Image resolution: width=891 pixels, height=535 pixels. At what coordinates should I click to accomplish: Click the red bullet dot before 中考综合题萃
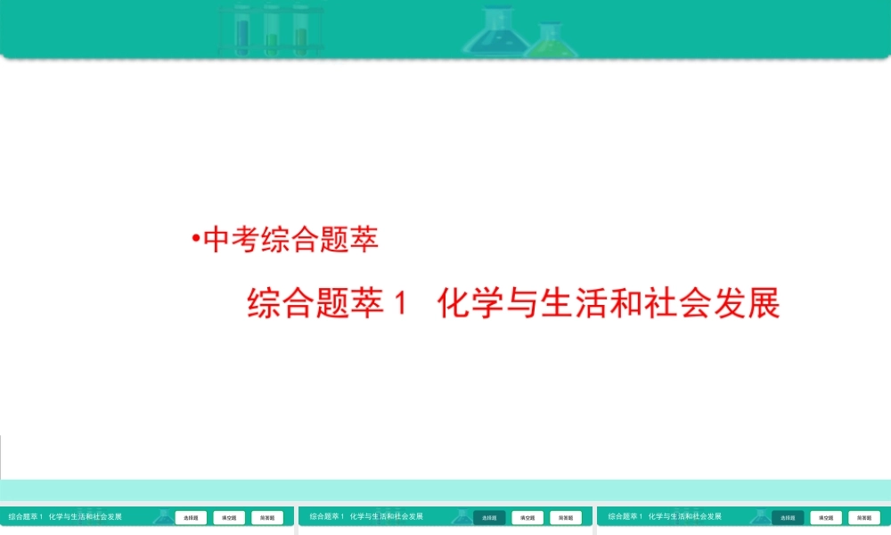pos(195,240)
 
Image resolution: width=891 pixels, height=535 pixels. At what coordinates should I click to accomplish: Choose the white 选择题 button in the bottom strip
pos(192,517)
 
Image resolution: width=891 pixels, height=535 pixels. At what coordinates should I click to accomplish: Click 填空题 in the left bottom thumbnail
pos(230,517)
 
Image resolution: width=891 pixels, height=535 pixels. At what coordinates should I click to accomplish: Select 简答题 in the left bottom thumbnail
pos(267,517)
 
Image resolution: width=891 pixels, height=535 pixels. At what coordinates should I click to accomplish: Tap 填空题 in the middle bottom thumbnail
pos(527,517)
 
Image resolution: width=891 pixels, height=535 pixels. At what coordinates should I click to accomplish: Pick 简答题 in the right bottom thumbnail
pos(863,517)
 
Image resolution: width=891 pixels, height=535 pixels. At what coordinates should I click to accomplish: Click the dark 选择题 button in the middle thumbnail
pos(489,517)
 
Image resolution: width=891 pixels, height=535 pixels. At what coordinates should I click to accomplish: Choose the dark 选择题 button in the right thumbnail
pos(788,517)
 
